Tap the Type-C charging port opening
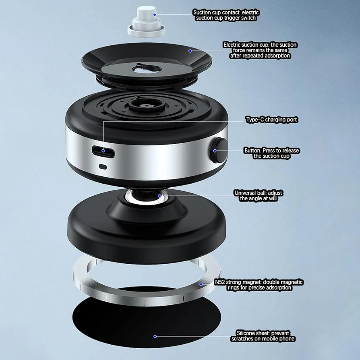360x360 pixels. pyautogui.click(x=103, y=151)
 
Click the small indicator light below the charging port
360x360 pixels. pyautogui.click(x=103, y=166)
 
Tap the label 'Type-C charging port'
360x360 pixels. pyautogui.click(x=271, y=120)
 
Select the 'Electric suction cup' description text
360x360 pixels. pyautogui.click(x=260, y=50)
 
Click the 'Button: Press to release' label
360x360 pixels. pyautogui.click(x=272, y=153)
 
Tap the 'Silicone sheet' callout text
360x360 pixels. pyautogui.click(x=263, y=336)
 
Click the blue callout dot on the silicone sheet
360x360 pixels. pyautogui.click(x=155, y=336)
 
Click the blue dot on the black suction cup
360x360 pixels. pyautogui.click(x=190, y=51)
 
